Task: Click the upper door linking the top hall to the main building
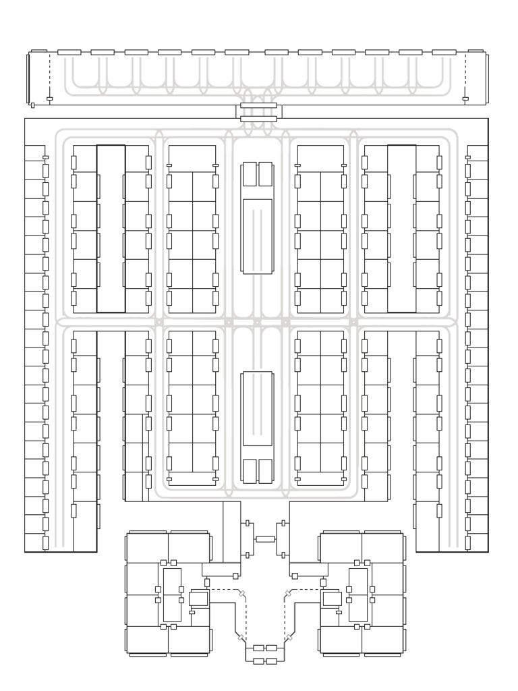[x=258, y=105]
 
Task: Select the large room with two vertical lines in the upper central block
[x=257, y=235]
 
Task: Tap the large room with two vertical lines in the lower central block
[x=257, y=408]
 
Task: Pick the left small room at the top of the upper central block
[x=250, y=174]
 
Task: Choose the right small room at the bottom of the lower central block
[x=265, y=471]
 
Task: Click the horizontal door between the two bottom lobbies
[x=265, y=539]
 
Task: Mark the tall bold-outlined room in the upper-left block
[x=111, y=229]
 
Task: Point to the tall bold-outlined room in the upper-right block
[x=401, y=229]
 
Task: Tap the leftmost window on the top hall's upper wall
[x=69, y=52]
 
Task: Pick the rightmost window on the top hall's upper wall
[x=444, y=52]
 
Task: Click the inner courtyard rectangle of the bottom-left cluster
[x=172, y=595]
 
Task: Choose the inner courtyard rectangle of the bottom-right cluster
[x=358, y=595]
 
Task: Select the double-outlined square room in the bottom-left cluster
[x=198, y=599]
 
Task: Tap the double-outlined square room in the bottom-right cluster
[x=331, y=599]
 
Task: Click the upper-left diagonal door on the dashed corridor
[x=242, y=593]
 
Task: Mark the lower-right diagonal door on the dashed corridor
[x=288, y=637]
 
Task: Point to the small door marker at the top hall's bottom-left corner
[x=32, y=105]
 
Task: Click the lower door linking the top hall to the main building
[x=258, y=119]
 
